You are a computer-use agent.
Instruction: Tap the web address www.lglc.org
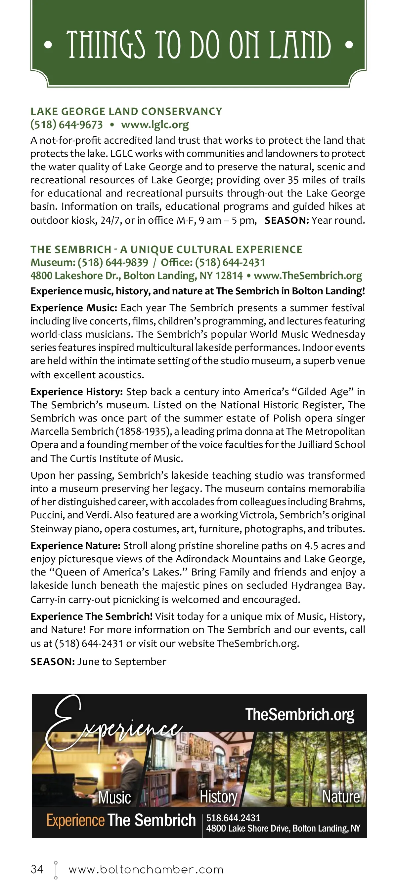point(154,125)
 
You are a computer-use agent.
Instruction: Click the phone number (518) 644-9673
point(66,125)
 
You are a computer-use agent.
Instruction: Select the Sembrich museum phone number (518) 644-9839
point(113,262)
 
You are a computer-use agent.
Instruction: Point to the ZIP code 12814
point(229,276)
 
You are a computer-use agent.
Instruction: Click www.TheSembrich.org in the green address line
point(308,276)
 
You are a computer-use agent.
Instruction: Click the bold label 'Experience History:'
point(77,391)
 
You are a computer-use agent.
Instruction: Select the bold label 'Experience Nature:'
point(75,546)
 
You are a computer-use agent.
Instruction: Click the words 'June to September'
point(122,662)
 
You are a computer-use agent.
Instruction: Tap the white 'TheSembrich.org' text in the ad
point(300,714)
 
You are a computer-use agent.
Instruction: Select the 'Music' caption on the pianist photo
point(114,797)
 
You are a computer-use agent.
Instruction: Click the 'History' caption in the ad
point(218,797)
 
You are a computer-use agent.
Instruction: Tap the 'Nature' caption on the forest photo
point(341,797)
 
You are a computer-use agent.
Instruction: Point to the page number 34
point(37,869)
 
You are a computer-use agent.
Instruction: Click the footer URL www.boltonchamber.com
point(146,870)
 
